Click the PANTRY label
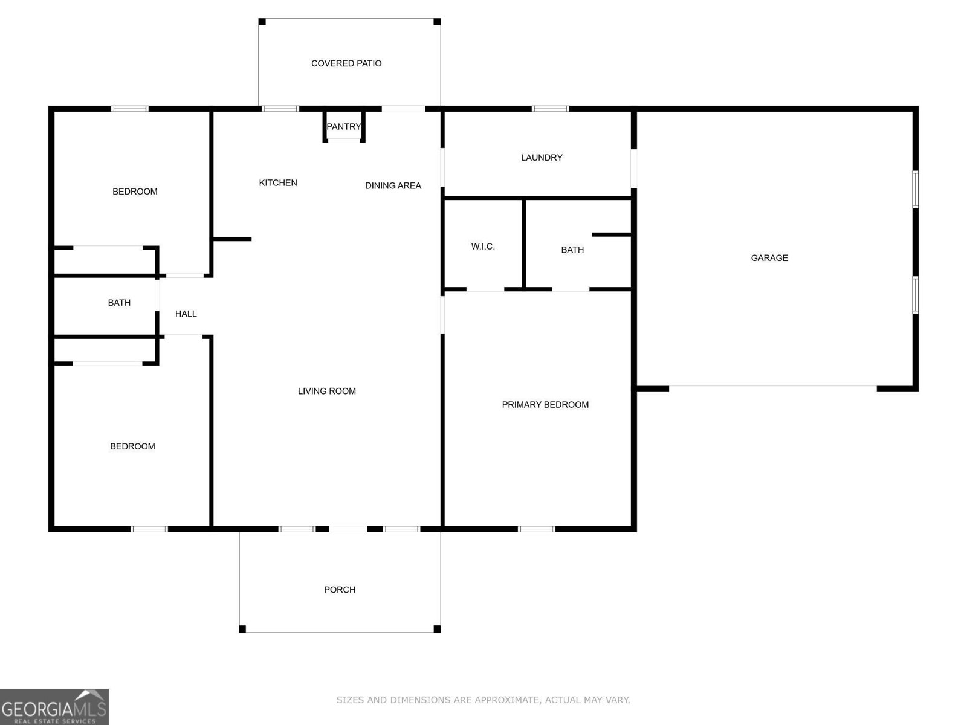(x=343, y=127)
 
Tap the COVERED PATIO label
(x=346, y=63)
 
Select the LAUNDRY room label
(x=542, y=158)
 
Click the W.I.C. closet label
(x=483, y=246)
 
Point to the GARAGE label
(x=769, y=258)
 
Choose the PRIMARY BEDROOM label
(x=545, y=405)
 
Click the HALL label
(x=186, y=314)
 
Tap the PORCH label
(x=340, y=590)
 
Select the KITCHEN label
(x=278, y=183)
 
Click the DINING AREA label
(x=393, y=186)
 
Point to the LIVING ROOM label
(x=327, y=391)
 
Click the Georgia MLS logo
(x=54, y=706)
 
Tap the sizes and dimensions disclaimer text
(x=483, y=700)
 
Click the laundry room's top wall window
(x=550, y=109)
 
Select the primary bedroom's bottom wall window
(x=536, y=529)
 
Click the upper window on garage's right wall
(x=915, y=189)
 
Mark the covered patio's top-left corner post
(x=262, y=22)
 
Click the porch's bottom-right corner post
(x=437, y=629)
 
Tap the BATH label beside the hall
(x=119, y=303)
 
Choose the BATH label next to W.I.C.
(x=572, y=250)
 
